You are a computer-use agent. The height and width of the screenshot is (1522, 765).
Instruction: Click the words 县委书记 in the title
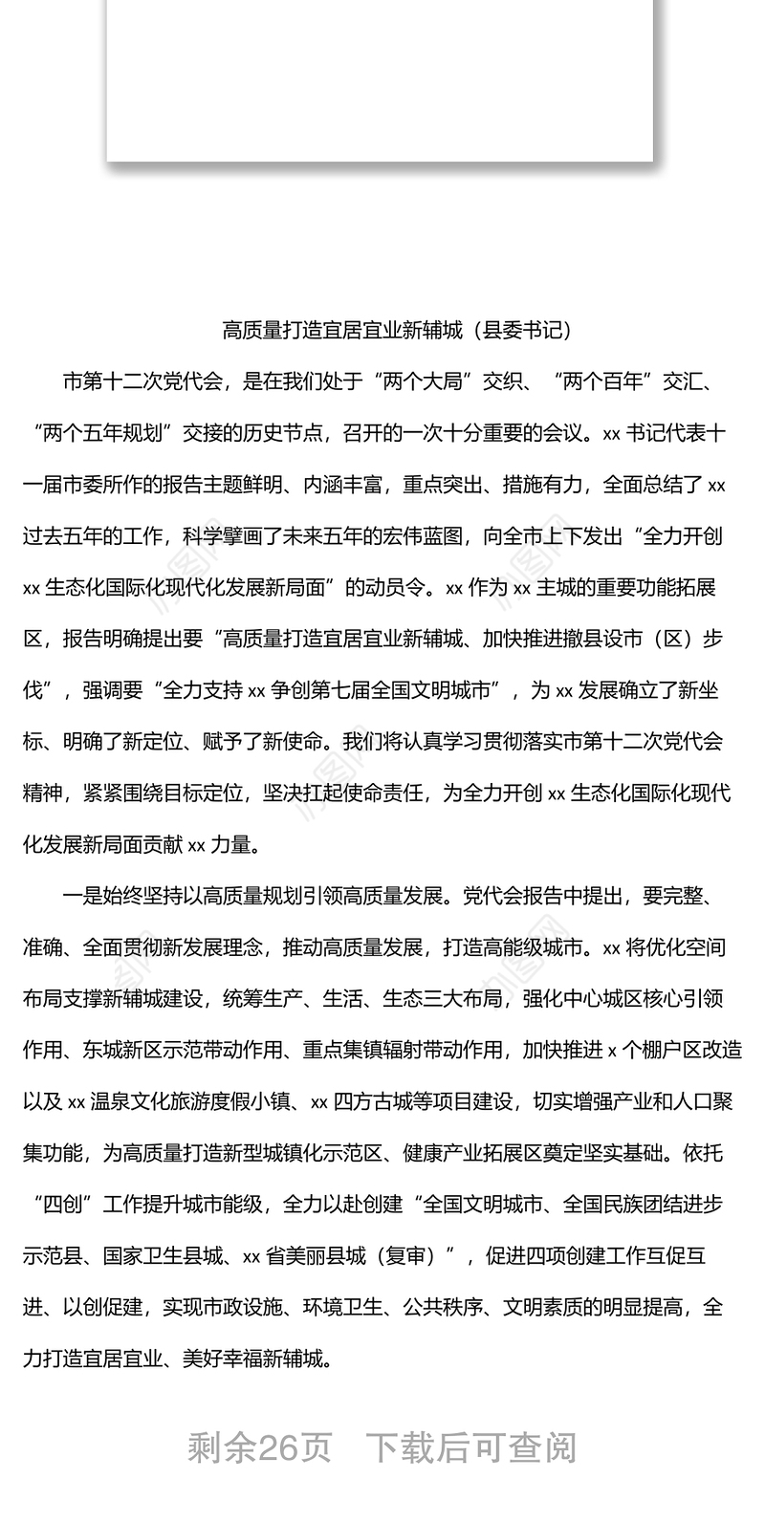528,331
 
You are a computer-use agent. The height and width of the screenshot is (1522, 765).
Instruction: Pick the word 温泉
110,1101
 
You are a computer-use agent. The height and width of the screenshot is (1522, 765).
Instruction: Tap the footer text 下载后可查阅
473,1448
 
